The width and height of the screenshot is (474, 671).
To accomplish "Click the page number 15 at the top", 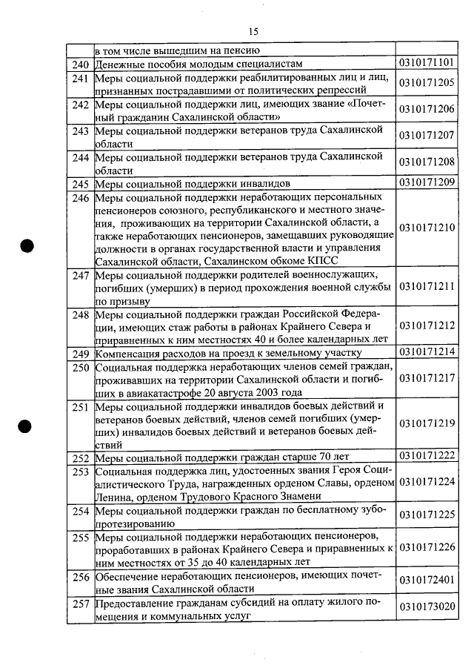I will point(253,31).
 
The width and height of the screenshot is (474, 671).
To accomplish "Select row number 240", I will point(80,65).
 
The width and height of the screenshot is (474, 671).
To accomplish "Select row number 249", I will point(80,352).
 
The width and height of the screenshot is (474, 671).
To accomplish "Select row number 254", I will point(80,512).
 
